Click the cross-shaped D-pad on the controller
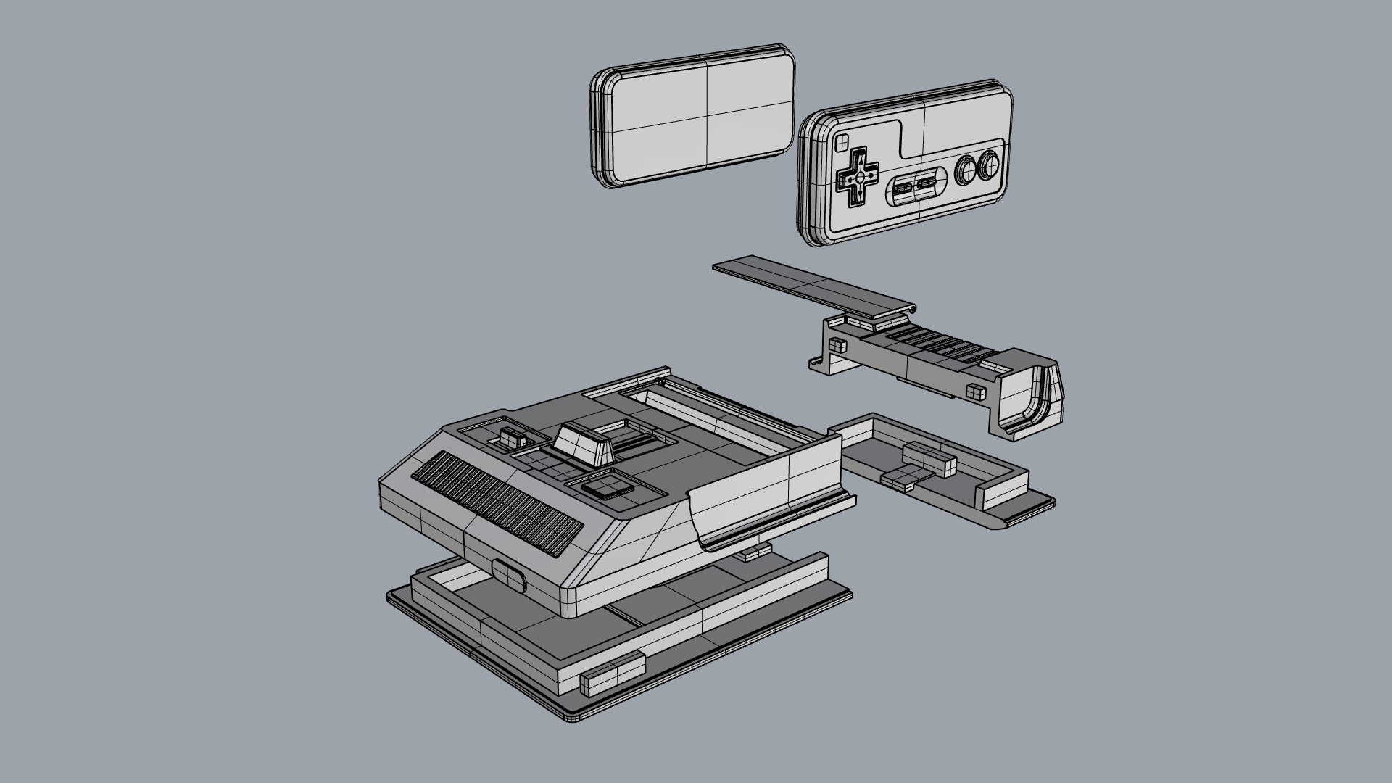[x=858, y=177]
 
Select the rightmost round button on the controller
[x=987, y=167]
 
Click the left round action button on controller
[x=965, y=171]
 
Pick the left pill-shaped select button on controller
[x=903, y=190]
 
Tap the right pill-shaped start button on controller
[x=927, y=186]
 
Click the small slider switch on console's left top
[x=512, y=439]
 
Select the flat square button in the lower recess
[x=605, y=486]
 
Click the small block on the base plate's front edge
[x=613, y=673]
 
